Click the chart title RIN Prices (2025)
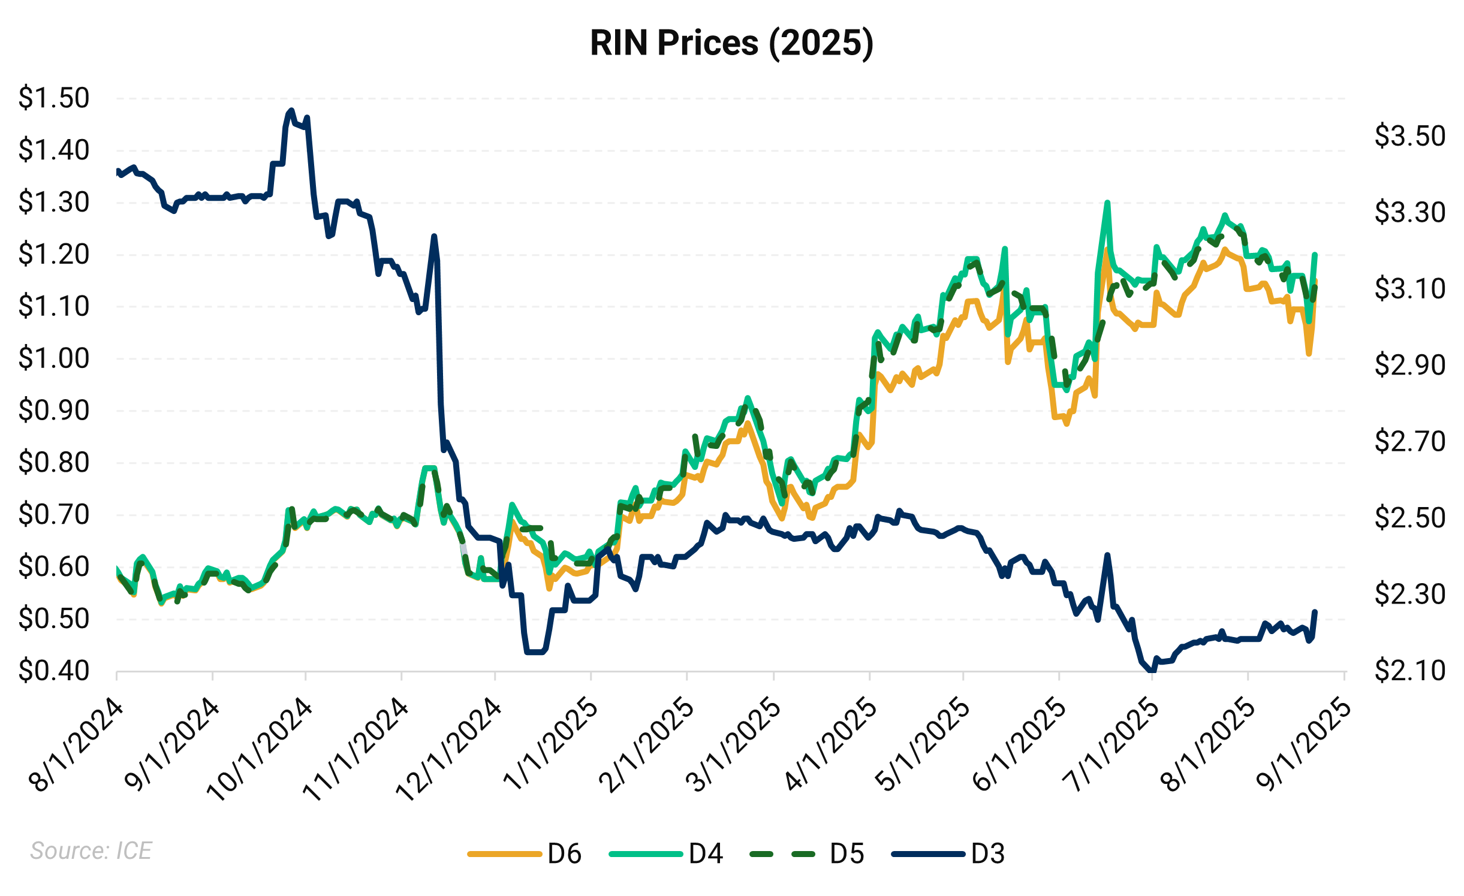[731, 43]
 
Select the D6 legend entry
[564, 853]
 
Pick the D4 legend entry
[706, 853]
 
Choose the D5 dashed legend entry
[847, 853]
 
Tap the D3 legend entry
[987, 853]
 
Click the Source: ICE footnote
[91, 851]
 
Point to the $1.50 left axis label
[54, 98]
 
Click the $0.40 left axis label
[54, 671]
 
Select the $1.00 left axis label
[54, 358]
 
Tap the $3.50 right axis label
[1410, 136]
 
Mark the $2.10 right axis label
[1410, 671]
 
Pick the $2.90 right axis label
[1410, 365]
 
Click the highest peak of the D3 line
[291, 111]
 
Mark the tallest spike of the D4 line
[1107, 203]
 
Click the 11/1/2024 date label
[356, 749]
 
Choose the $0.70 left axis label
[54, 514]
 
